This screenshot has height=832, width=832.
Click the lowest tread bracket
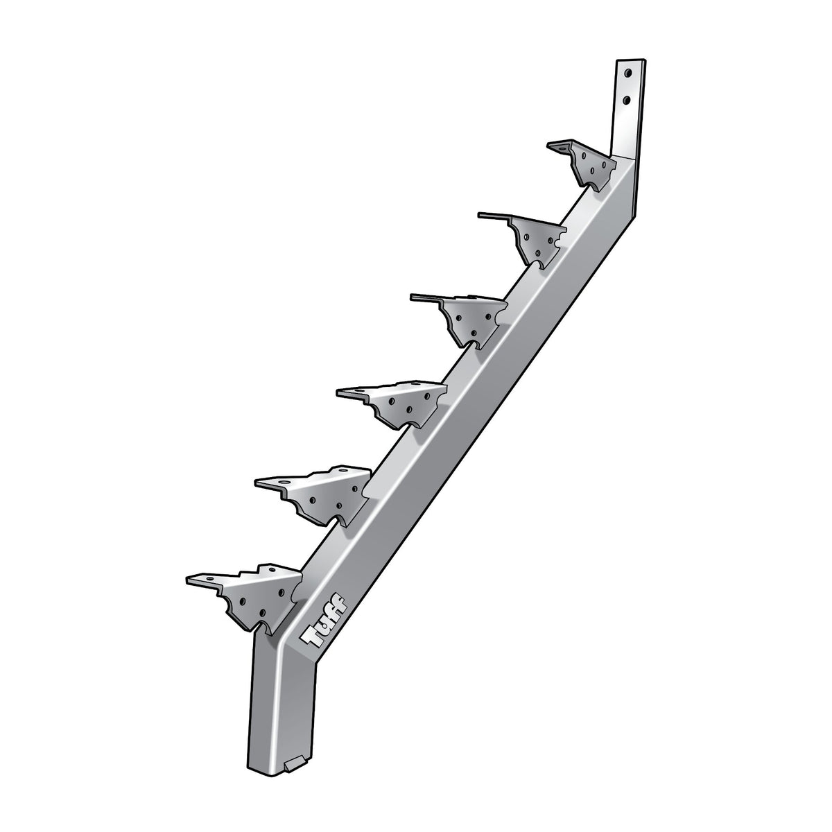(257, 589)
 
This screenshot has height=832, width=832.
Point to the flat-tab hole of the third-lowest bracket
(360, 393)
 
